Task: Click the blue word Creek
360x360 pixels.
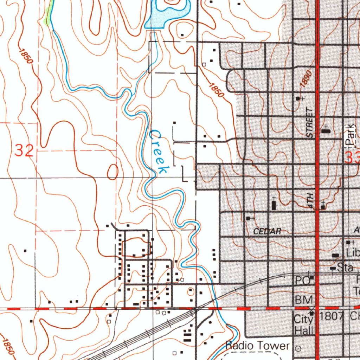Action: tap(157, 152)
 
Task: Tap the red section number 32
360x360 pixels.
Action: tap(24, 151)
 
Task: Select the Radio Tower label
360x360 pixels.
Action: tap(257, 345)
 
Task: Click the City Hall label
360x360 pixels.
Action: tap(303, 324)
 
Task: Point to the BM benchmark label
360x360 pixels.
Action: tap(303, 300)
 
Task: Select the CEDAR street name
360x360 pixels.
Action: tap(267, 231)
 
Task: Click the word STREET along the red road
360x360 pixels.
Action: tap(309, 123)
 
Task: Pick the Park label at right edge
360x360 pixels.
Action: tap(349, 136)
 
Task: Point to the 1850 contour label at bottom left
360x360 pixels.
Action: tap(8, 347)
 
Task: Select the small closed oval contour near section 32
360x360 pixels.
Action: tap(112, 172)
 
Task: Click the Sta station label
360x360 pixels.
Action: tap(345, 268)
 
